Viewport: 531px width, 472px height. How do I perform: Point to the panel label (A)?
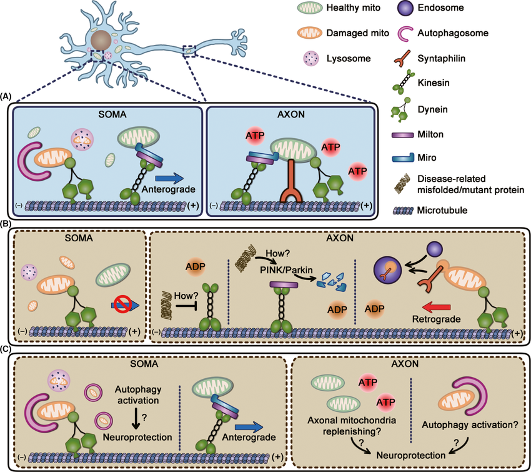point(6,96)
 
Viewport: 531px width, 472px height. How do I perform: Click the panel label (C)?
point(6,351)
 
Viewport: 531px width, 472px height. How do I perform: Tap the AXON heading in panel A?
point(287,115)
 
